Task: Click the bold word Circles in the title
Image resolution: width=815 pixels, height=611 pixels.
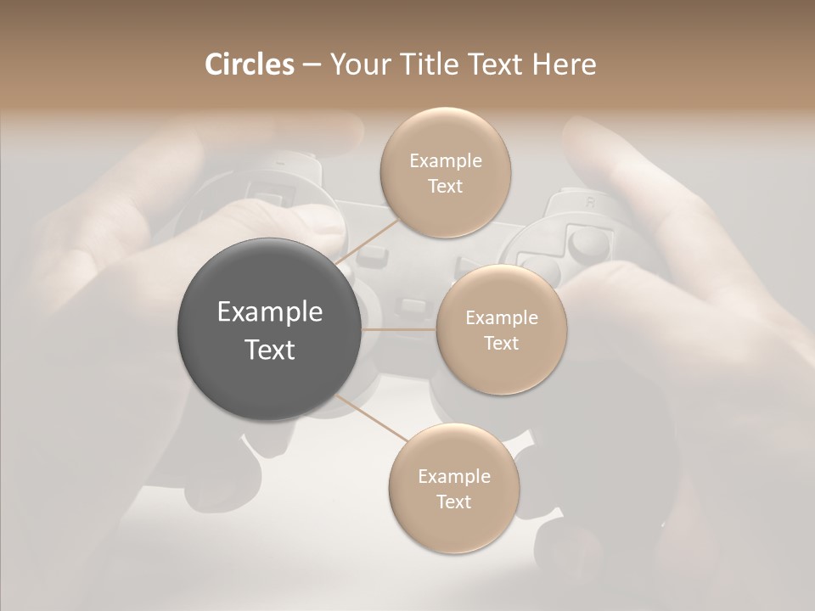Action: (250, 64)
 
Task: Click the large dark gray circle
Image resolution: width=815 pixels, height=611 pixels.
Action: (270, 329)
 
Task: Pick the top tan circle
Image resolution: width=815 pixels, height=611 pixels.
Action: (445, 172)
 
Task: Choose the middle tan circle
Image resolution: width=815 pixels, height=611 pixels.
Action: (501, 329)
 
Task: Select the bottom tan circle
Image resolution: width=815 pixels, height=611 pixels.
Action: (453, 488)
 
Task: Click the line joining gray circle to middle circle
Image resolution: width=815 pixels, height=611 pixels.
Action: (399, 329)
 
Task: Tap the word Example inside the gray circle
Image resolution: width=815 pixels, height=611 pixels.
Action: (270, 312)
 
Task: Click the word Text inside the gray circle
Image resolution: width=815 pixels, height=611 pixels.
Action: (270, 350)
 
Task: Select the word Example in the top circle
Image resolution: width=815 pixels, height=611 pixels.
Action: (446, 161)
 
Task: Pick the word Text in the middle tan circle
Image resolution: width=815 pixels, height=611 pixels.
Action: (501, 343)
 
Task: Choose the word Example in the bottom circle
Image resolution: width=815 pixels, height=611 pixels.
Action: (454, 477)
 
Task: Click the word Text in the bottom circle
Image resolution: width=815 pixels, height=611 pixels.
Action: (453, 502)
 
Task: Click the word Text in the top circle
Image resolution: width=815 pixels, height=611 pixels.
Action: (445, 186)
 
